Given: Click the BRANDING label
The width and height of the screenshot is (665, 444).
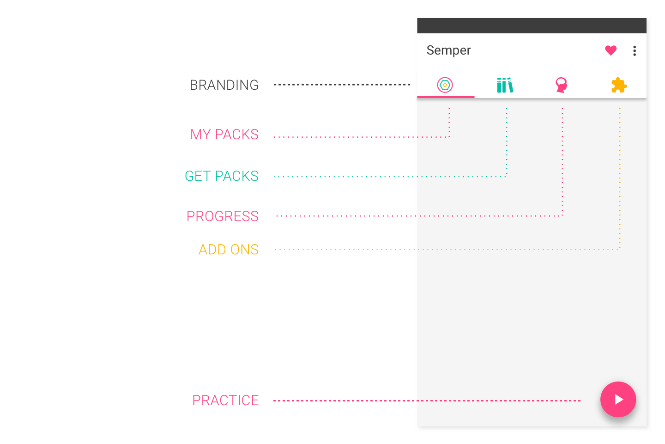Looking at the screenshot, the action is pos(224,85).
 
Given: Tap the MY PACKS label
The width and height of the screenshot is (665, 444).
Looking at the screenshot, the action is pos(224,135).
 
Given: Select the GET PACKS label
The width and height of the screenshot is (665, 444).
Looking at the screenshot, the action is pos(222,176).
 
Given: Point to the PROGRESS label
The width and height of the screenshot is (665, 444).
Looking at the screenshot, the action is pos(223,216).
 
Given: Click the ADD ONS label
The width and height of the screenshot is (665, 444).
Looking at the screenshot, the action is pos(229,249).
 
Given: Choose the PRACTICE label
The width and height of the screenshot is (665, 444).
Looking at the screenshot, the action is pos(226,400).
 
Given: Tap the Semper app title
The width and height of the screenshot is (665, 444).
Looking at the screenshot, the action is pos(448,50).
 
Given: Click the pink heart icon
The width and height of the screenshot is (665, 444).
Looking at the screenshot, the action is pos(611,50).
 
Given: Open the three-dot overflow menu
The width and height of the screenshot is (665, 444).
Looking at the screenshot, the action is pos(635,51).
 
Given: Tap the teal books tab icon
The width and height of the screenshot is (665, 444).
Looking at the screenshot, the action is pos(505,85).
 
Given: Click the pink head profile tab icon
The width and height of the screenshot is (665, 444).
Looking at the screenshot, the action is pos(562,85).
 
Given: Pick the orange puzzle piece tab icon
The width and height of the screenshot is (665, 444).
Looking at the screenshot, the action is pos(619,86).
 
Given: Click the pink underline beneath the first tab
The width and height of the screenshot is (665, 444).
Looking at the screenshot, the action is pos(446,97).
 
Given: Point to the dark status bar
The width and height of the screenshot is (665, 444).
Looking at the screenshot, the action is pos(532,25).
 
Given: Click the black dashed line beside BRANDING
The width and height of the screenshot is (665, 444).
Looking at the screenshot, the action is pos(342,85).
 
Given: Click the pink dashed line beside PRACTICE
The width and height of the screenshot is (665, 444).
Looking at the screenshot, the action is pos(427,401).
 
